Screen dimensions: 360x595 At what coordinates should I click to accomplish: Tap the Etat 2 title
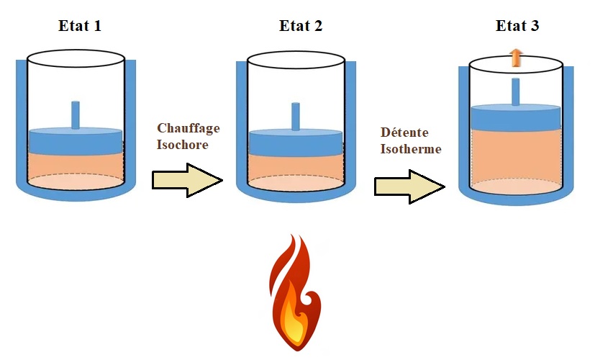point(301,27)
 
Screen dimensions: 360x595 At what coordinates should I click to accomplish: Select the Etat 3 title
point(517,27)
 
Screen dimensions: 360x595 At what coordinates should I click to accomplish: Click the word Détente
point(405,135)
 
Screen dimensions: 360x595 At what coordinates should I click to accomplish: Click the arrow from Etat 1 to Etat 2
point(186,179)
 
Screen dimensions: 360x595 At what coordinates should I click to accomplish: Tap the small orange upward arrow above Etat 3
point(515,58)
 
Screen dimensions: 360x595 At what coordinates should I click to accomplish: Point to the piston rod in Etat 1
point(76,114)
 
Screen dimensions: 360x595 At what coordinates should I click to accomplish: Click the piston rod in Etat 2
point(295,116)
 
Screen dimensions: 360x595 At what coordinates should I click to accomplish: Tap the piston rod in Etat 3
point(516,91)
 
